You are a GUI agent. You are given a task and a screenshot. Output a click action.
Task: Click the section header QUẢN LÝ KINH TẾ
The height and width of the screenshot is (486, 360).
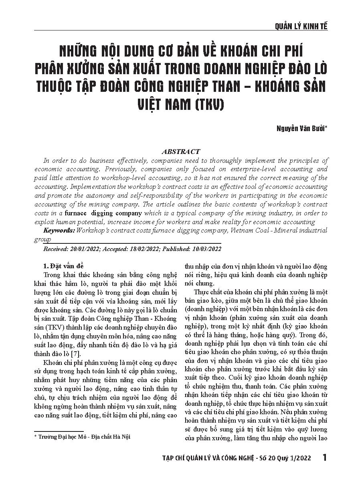pyautogui.click(x=301, y=26)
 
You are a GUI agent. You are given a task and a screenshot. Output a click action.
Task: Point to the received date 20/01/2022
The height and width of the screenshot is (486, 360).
pyautogui.click(x=85, y=249)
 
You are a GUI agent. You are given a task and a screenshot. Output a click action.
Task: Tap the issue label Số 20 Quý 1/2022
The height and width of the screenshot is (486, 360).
pyautogui.click(x=286, y=458)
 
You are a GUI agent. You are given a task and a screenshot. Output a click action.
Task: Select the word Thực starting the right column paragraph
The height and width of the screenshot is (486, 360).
pyautogui.click(x=200, y=292)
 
